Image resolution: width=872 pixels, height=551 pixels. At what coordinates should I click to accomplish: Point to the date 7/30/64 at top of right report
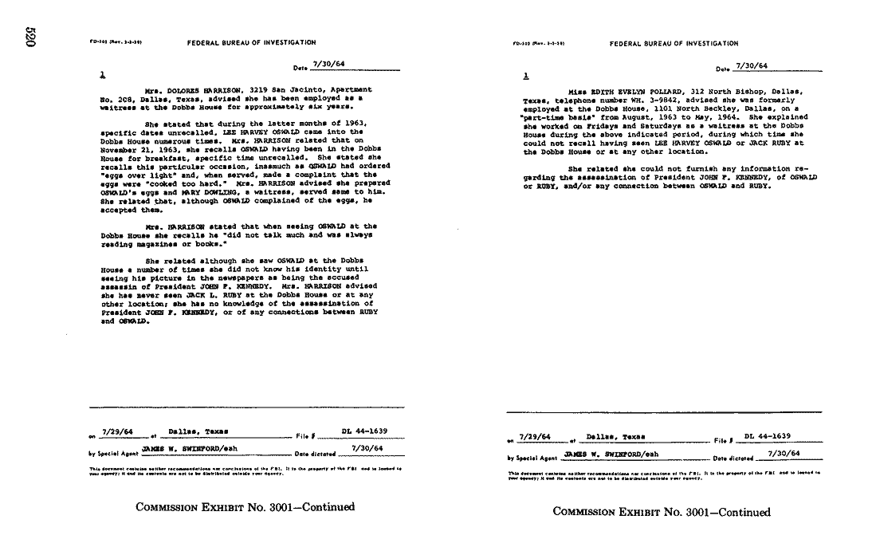[751, 66]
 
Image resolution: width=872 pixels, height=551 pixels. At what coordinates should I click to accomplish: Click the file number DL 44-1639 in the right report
[767, 436]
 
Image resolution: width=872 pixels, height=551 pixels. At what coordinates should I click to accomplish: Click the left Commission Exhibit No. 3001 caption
[245, 507]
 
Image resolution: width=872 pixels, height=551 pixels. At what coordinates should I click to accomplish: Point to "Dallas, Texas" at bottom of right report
[615, 437]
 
